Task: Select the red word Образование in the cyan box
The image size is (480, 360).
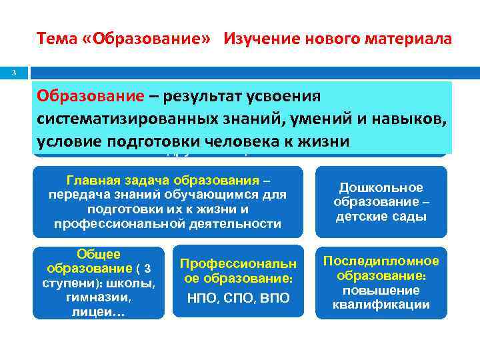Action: point(90,96)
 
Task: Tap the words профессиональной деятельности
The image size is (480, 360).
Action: point(167,223)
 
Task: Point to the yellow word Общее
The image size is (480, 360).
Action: point(99,254)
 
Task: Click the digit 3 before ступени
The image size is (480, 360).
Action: point(148,268)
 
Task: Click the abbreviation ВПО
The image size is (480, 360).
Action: point(273,298)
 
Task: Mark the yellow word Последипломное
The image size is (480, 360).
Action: point(381,261)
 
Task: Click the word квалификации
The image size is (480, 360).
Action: point(381,305)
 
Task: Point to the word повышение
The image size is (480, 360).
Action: point(381,290)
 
